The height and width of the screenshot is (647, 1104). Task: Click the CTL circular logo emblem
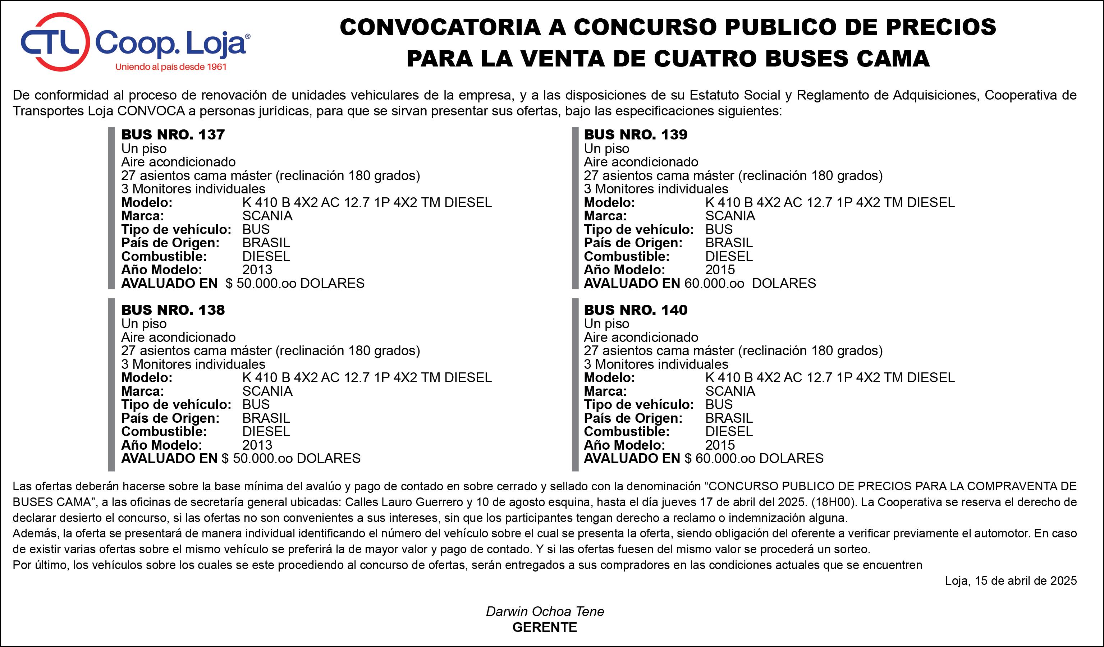[55, 42]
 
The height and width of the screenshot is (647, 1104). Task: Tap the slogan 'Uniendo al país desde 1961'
[171, 67]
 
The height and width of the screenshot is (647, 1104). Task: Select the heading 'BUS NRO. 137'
[173, 134]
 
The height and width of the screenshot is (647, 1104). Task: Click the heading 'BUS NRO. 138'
[173, 310]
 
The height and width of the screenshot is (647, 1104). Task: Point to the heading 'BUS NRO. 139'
[636, 134]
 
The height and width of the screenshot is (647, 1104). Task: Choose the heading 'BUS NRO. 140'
[636, 310]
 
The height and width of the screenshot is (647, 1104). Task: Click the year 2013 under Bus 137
[257, 270]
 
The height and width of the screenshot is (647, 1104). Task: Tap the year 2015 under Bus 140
[720, 445]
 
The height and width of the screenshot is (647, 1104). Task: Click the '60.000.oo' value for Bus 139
[714, 283]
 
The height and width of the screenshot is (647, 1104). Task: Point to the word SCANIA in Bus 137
[267, 216]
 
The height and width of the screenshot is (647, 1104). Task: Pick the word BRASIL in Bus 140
[729, 418]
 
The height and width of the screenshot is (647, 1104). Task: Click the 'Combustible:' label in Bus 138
[164, 431]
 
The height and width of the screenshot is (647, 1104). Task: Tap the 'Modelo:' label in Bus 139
[609, 202]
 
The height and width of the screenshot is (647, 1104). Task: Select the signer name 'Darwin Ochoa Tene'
[545, 611]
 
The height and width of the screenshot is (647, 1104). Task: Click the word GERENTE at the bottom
[545, 627]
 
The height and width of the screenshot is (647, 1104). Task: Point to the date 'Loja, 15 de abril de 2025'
[1011, 581]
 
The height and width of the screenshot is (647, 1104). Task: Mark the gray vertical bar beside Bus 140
[575, 385]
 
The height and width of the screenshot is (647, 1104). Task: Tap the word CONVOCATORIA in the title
[440, 27]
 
